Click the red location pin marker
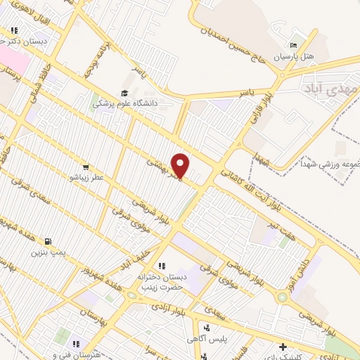tap(181, 166)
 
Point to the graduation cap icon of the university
tap(125, 93)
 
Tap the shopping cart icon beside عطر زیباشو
tap(85, 167)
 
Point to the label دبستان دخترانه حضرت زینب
tap(160, 281)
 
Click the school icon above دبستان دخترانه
tap(161, 266)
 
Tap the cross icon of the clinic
tap(283, 347)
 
